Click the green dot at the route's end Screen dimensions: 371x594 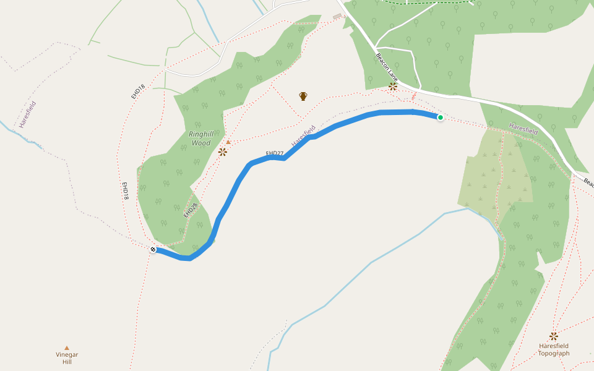click(441, 117)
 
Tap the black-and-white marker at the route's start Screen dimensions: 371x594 click(153, 249)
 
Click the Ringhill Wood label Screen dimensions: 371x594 click(200, 138)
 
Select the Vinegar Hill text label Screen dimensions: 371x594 click(67, 358)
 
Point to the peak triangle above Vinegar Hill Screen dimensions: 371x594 click(67, 348)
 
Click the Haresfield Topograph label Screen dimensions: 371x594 click(553, 350)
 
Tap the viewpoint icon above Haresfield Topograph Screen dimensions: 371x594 click(553, 336)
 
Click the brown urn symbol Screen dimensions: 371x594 click(303, 96)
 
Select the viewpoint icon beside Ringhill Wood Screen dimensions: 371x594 click(223, 151)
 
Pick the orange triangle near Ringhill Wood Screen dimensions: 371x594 click(228, 142)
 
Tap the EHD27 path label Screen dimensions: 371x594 click(274, 153)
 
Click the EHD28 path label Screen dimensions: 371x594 click(190, 210)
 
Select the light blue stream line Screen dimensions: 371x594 click(371, 262)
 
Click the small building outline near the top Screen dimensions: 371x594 click(337, 17)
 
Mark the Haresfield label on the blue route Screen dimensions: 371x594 click(303, 135)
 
